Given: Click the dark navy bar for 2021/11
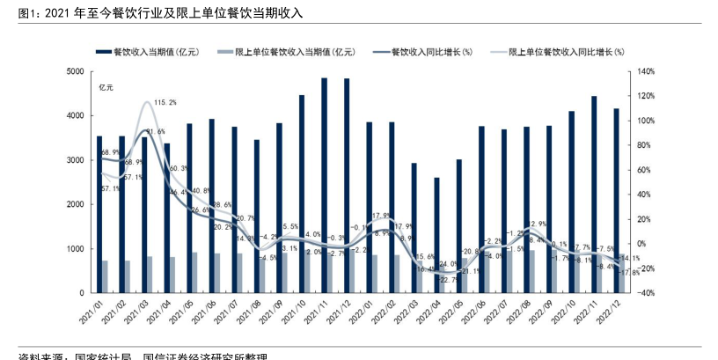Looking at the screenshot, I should click(x=325, y=185).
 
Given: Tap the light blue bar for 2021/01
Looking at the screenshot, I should click(x=106, y=276).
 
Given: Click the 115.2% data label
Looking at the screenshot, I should click(x=165, y=103).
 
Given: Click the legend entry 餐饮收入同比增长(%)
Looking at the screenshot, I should click(x=431, y=52).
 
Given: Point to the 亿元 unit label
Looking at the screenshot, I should click(x=106, y=87).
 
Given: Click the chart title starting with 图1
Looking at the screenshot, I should click(x=159, y=11).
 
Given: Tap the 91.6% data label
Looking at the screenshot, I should click(x=155, y=132).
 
